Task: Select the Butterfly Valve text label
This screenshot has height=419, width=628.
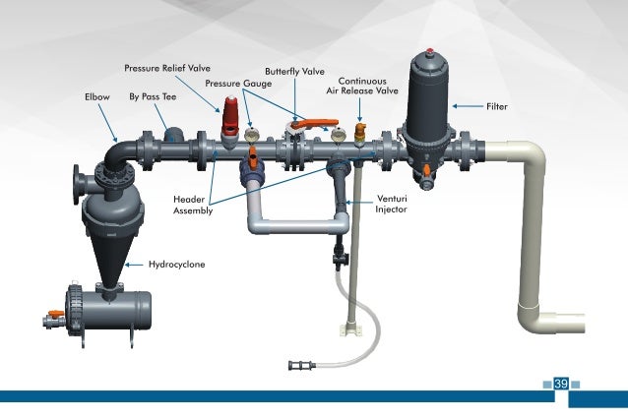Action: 294,72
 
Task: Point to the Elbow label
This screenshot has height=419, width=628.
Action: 97,97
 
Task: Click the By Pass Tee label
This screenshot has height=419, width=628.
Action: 152,97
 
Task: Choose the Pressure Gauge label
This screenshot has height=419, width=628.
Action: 237,84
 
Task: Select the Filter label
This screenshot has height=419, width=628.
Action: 497,104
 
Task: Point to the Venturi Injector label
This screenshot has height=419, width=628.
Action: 392,205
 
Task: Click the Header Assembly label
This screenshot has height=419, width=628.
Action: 189,205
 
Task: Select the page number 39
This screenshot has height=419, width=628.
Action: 561,384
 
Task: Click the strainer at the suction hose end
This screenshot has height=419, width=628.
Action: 298,366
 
